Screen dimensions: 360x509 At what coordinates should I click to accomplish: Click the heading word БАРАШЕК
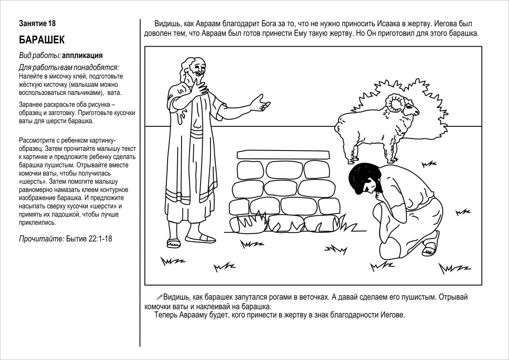point(42,40)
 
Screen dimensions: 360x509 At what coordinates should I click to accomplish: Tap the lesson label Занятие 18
point(37,23)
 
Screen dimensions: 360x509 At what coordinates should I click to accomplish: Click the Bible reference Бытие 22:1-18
point(89,239)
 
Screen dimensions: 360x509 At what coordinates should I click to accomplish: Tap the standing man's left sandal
point(174,243)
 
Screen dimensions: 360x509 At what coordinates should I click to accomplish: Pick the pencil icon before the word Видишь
point(159,297)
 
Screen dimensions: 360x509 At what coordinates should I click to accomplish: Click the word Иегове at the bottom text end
point(394,315)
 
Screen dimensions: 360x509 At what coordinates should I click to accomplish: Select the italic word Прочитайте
point(42,239)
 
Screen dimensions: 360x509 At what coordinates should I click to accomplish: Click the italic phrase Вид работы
point(39,55)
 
